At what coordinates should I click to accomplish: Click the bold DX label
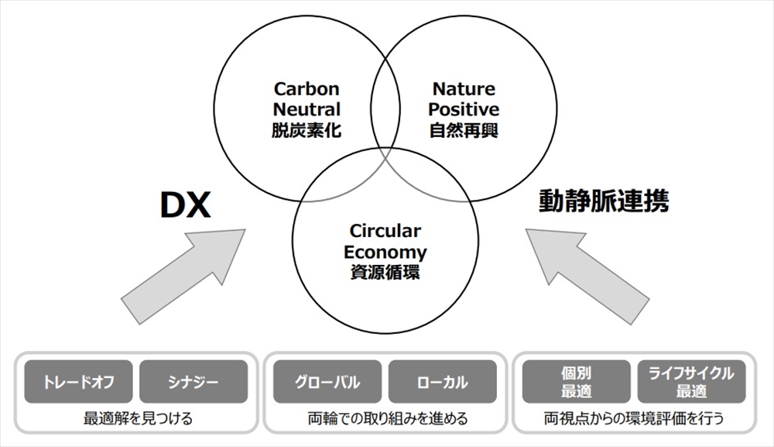point(185,206)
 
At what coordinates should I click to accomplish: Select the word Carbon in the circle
point(307,89)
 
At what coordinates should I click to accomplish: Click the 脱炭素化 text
point(307,130)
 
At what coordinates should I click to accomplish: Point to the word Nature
point(464,89)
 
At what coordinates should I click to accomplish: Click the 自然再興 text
point(464,130)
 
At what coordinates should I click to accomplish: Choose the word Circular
point(385,231)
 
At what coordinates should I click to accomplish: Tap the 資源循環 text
point(385,272)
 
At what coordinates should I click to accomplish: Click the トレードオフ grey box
point(78,382)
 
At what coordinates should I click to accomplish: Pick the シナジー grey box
point(193,382)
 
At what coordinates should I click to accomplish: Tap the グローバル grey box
point(327,382)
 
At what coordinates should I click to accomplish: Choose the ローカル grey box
point(443,382)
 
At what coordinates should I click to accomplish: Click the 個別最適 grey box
point(576,382)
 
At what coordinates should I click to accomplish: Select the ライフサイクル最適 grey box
point(691,382)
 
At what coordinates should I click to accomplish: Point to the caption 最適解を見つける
point(137,419)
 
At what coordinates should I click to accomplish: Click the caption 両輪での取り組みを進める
point(385,419)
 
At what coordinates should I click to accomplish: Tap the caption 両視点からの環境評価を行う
point(634,419)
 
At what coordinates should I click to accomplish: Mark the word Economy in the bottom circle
point(385,252)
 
